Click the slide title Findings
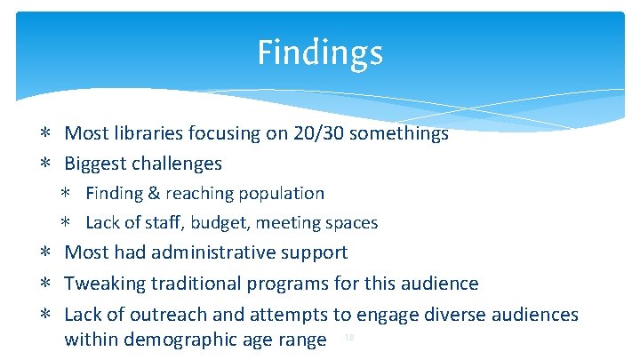pyautogui.click(x=320, y=52)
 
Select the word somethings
pyautogui.click(x=399, y=134)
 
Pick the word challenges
pyautogui.click(x=178, y=164)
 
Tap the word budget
pyautogui.click(x=215, y=223)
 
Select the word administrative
pyautogui.click(x=213, y=252)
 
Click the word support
pyautogui.click(x=315, y=253)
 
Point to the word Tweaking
pyautogui.click(x=105, y=284)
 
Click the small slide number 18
pyautogui.click(x=349, y=338)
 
